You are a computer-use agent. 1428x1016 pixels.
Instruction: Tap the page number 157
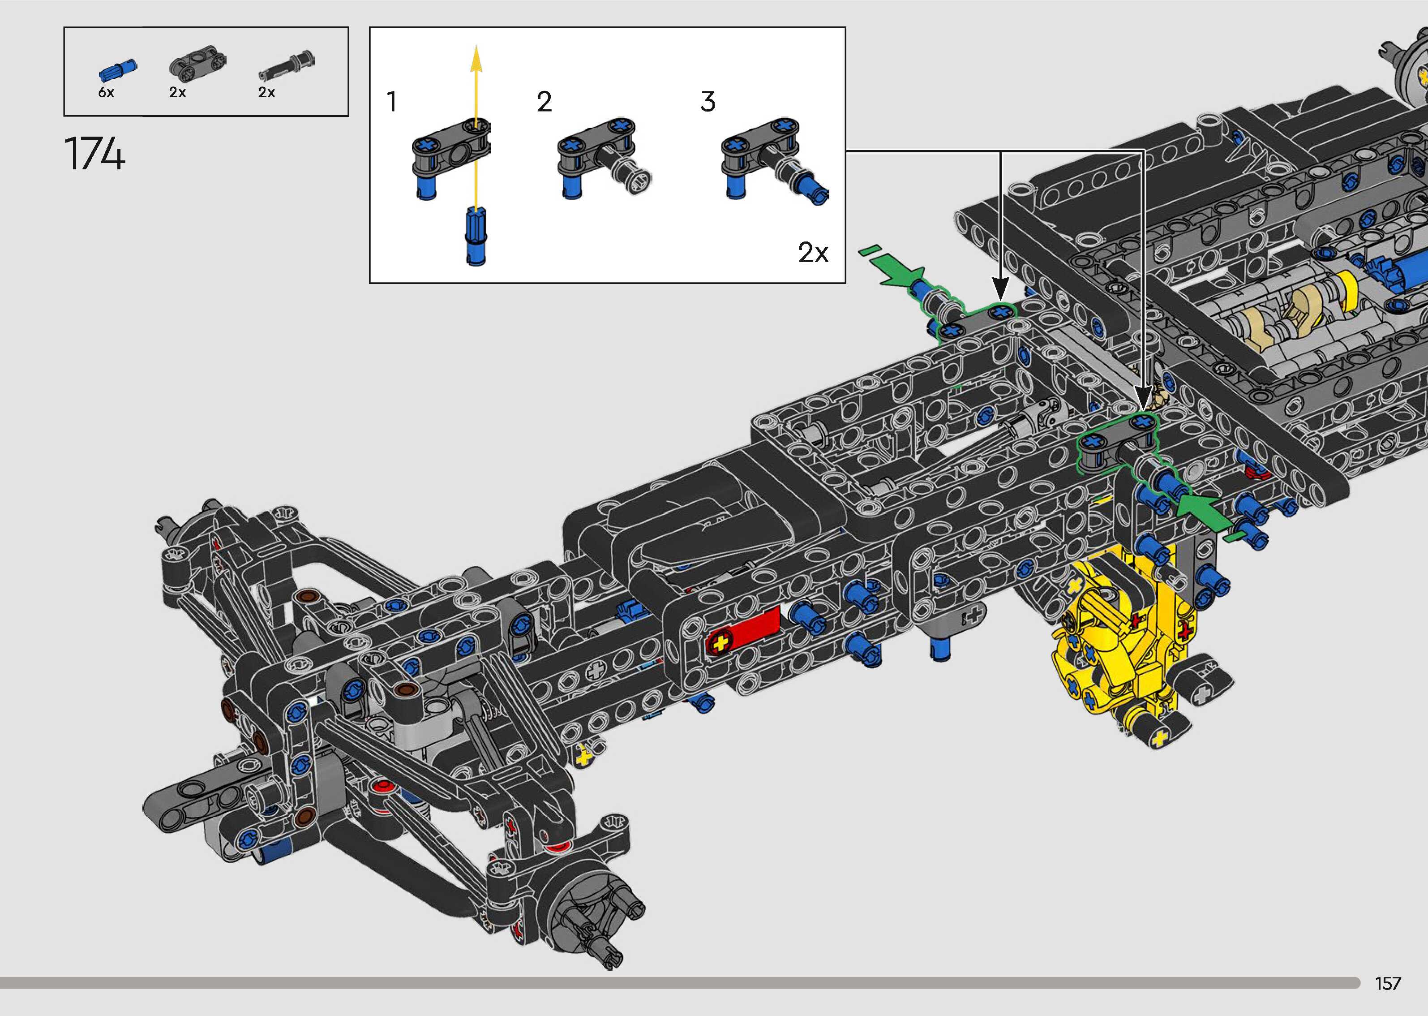click(x=1387, y=983)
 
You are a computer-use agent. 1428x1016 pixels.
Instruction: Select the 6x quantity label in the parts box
click(x=106, y=93)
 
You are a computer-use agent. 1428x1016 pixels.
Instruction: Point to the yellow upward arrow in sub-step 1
click(x=476, y=125)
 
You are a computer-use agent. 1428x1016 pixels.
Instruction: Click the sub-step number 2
click(x=544, y=102)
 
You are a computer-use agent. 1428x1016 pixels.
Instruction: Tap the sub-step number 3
click(x=708, y=102)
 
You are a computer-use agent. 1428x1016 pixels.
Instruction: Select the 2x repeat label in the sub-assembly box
click(x=813, y=253)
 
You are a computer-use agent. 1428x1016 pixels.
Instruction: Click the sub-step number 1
click(x=392, y=102)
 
